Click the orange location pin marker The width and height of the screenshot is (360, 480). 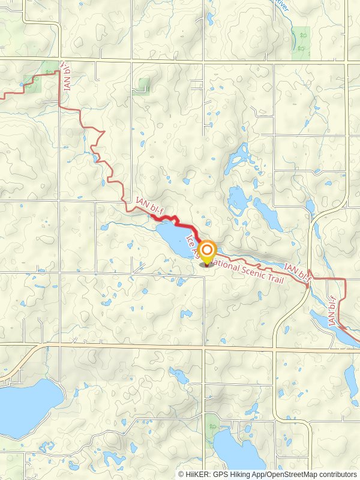[208, 252]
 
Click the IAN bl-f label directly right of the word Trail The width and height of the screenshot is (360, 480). [298, 274]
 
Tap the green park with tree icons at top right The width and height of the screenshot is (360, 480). [301, 43]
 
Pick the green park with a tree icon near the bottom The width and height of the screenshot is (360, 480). [212, 425]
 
